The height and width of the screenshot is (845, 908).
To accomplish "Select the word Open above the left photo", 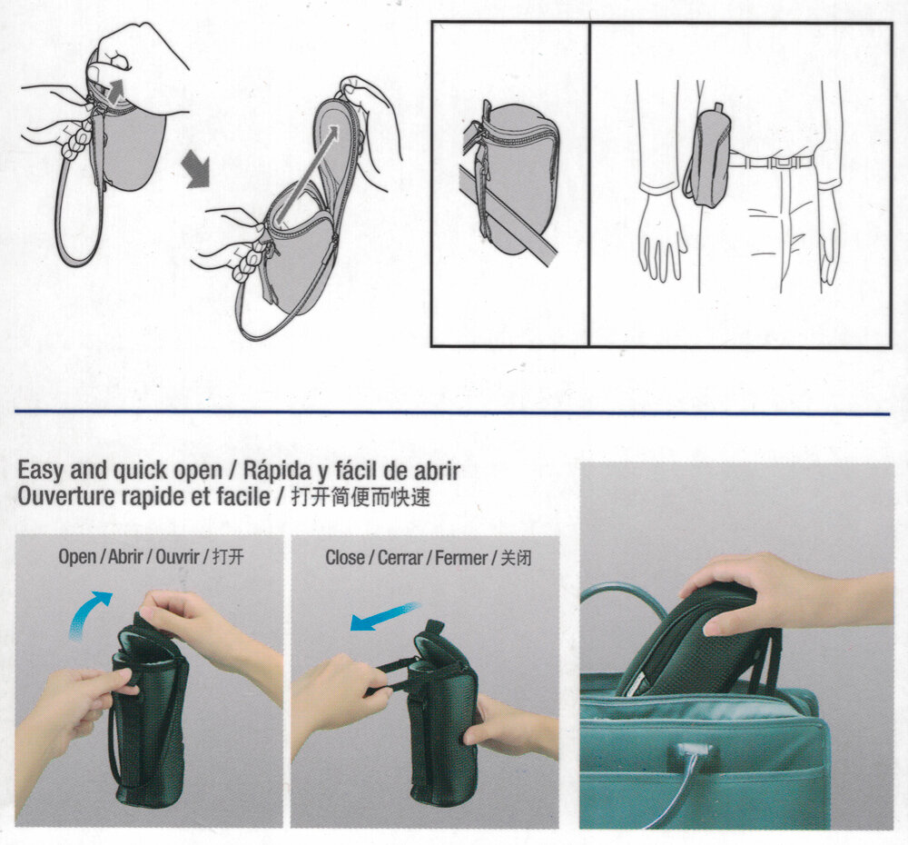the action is click(x=77, y=557).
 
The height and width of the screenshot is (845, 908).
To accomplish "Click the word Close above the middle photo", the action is click(x=344, y=558).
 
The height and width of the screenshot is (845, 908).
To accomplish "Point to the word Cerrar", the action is click(x=400, y=558).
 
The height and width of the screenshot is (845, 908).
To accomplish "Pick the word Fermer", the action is click(x=461, y=558).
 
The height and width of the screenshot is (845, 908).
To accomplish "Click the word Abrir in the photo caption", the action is click(x=125, y=557).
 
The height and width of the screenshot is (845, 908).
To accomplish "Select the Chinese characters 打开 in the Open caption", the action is click(x=228, y=557).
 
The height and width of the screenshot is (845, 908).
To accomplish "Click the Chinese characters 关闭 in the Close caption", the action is click(x=516, y=558).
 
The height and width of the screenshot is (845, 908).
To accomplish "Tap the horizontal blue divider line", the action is click(x=452, y=413).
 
